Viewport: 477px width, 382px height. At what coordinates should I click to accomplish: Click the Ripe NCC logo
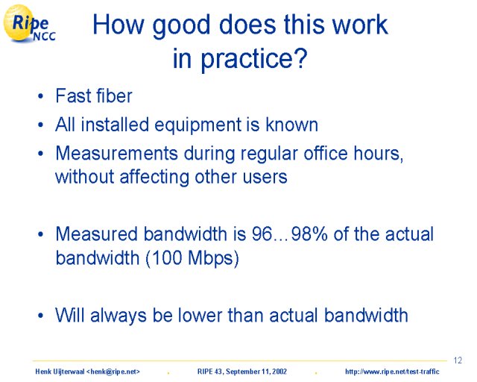[x=29, y=23]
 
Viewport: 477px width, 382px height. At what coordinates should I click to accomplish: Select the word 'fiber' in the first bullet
[x=114, y=96]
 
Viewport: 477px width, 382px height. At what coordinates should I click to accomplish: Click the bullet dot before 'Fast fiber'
[x=41, y=96]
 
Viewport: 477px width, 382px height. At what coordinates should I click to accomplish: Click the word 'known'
[x=291, y=125]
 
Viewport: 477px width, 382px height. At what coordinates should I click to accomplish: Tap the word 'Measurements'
[x=116, y=153]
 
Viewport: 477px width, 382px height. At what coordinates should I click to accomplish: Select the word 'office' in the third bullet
[x=326, y=153]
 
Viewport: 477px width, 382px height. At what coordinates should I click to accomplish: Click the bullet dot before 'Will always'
[x=41, y=316]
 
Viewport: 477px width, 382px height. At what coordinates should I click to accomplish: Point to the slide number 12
[x=458, y=360]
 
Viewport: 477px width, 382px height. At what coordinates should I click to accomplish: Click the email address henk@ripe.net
[x=113, y=372]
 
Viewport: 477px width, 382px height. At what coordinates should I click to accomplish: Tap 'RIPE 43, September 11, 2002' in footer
[x=242, y=372]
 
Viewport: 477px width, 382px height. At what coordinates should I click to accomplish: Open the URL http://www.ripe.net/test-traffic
[x=392, y=372]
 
